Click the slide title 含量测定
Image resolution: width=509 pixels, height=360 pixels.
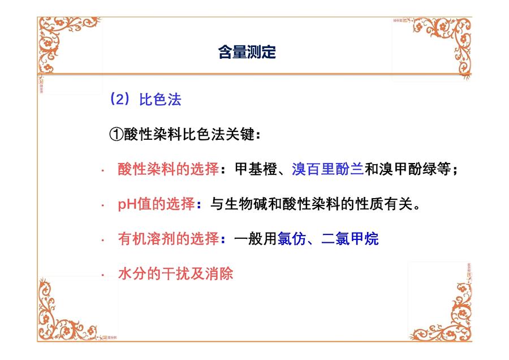247,52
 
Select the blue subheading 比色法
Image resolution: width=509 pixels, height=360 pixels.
160,99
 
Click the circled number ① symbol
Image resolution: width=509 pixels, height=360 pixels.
116,134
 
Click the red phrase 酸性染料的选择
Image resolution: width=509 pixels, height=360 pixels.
168,169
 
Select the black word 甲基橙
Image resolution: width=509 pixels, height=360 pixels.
256,169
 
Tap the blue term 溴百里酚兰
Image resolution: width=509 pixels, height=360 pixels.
327,169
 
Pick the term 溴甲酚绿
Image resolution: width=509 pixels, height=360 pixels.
407,169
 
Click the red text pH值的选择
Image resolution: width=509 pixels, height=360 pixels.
156,204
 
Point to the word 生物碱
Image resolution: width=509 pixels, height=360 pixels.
246,204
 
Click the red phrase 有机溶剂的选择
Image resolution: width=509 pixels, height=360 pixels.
168,239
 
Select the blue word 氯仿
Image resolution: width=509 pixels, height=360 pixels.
291,239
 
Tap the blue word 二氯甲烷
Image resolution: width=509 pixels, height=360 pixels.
350,239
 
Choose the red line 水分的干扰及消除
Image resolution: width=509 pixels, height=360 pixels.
176,273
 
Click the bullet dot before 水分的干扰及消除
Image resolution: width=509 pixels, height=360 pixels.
102,275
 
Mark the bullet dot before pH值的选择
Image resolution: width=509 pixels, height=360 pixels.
102,205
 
